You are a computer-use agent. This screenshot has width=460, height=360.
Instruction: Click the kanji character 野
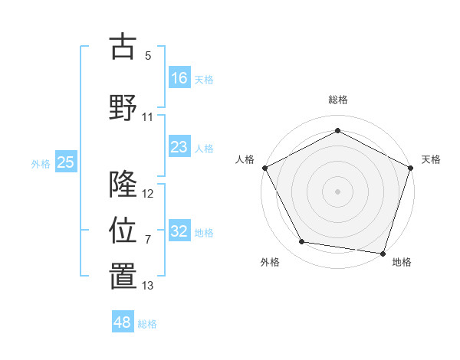pyautogui.click(x=123, y=108)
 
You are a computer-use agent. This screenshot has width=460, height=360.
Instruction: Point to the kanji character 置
pyautogui.click(x=123, y=276)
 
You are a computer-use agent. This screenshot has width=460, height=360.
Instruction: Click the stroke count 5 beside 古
pyautogui.click(x=148, y=56)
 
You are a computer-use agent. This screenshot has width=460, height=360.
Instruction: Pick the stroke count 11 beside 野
pyautogui.click(x=148, y=117)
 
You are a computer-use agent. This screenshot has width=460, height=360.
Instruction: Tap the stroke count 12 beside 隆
pyautogui.click(x=148, y=194)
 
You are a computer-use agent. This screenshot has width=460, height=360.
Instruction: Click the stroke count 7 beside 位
pyautogui.click(x=148, y=240)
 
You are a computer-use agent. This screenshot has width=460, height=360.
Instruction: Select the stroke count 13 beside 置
pyautogui.click(x=148, y=286)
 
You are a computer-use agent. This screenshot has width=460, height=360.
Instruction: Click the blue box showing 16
pyautogui.click(x=179, y=78)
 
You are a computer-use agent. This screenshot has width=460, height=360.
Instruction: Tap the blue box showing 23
pyautogui.click(x=179, y=147)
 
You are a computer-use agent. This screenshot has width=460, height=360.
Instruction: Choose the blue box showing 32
pyautogui.click(x=179, y=231)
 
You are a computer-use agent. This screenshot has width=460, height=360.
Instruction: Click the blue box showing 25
pyautogui.click(x=65, y=162)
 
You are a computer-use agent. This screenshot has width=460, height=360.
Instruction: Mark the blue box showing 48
pyautogui.click(x=122, y=322)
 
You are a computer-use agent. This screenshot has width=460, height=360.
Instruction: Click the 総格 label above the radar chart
pyautogui.click(x=337, y=100)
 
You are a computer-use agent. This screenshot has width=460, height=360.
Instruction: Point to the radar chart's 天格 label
pyautogui.click(x=431, y=159)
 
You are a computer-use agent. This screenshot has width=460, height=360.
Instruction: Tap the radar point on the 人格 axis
pyautogui.click(x=265, y=167)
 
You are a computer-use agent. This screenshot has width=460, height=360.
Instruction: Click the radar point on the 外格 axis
pyautogui.click(x=302, y=242)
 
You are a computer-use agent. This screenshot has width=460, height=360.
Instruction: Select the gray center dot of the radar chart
pyautogui.click(x=337, y=190)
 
